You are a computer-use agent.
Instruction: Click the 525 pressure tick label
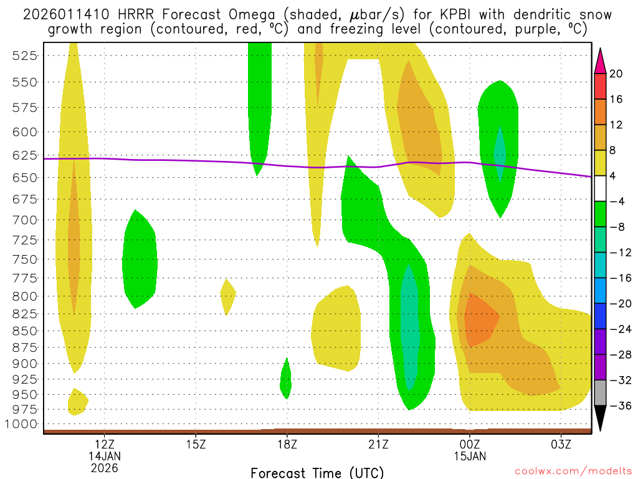coord(26,56)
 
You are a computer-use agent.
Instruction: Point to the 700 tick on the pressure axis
coord(26,220)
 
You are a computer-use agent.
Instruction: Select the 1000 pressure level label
coord(23,424)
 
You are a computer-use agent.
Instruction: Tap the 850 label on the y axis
coord(26,331)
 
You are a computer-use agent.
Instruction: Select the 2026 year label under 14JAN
coord(104,467)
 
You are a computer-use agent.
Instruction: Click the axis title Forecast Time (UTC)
coord(317,472)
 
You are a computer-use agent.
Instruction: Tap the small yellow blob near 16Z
coord(228,296)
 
